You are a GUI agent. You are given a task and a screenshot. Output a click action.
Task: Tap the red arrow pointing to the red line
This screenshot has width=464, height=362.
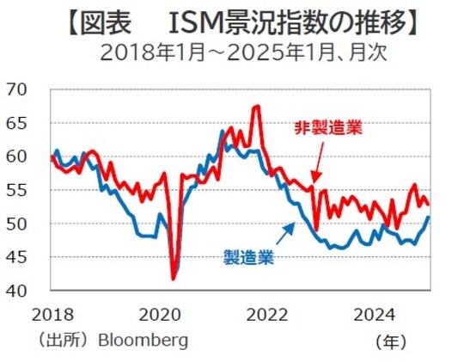[315, 163]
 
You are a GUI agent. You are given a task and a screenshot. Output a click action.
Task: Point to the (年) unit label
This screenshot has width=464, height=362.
[389, 341]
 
